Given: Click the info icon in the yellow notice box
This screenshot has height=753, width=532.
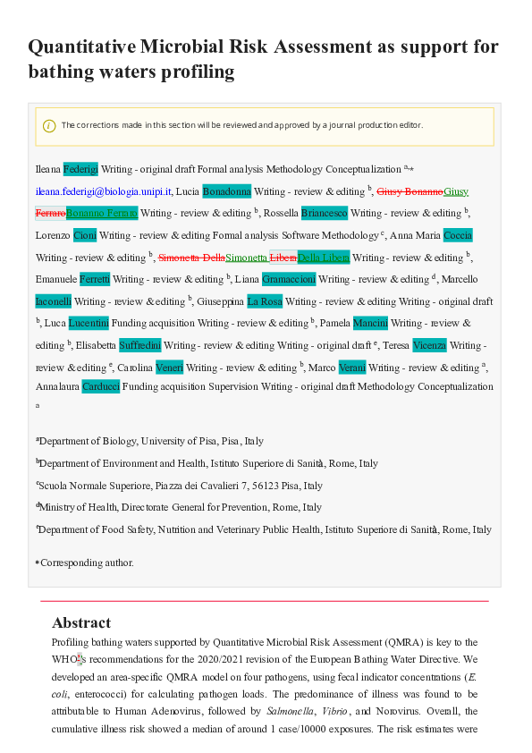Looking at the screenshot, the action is click(x=49, y=126).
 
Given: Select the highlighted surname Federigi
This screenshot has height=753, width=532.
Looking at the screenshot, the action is click(x=80, y=169).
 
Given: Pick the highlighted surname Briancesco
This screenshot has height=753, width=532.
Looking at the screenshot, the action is click(x=324, y=213).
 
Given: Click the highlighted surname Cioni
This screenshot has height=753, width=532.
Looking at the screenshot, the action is click(x=85, y=235).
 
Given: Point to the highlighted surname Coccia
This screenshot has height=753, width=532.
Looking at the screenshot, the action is click(x=458, y=235).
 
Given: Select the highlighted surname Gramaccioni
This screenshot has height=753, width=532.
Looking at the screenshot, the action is click(x=289, y=279).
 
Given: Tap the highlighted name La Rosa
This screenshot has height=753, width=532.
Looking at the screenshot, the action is click(x=265, y=301).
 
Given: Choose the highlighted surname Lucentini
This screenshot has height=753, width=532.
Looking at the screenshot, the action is click(x=89, y=323).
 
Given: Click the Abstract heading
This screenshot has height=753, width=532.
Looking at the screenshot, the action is click(x=81, y=622).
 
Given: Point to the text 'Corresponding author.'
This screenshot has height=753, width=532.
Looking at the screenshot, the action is click(x=87, y=563).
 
